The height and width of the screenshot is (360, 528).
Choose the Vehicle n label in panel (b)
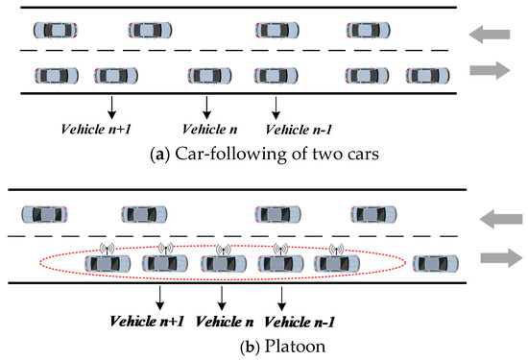tap(224, 321)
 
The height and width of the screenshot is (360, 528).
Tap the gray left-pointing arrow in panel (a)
tap(491, 35)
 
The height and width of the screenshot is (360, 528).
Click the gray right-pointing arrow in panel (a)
tap(491, 70)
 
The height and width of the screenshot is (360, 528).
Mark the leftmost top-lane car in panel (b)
tap(46, 214)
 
